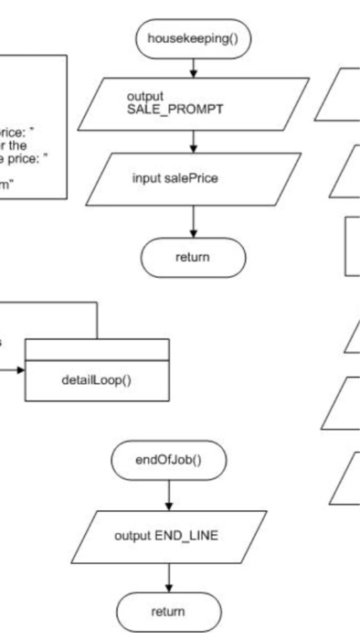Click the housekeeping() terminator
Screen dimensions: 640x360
pyautogui.click(x=193, y=38)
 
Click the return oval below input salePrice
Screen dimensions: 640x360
pyautogui.click(x=193, y=257)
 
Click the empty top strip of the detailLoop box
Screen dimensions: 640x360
pyautogui.click(x=97, y=348)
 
